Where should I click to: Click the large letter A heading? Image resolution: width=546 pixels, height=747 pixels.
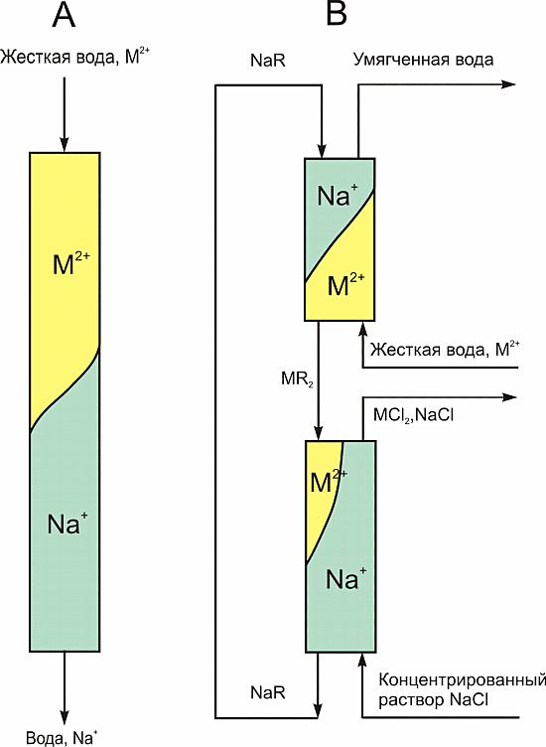tap(64, 15)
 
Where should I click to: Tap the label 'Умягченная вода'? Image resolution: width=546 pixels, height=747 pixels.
tap(423, 60)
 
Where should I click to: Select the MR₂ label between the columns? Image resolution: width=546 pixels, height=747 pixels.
tap(297, 378)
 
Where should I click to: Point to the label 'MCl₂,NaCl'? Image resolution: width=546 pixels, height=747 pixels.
tap(413, 415)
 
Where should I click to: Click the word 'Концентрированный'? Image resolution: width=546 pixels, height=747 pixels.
tap(462, 679)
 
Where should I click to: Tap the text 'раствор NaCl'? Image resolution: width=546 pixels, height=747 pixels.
tap(433, 700)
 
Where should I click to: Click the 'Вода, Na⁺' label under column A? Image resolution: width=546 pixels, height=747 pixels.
tap(62, 737)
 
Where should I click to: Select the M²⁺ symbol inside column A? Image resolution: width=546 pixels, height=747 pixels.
tap(71, 263)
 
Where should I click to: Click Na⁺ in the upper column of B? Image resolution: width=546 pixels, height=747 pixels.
tap(338, 195)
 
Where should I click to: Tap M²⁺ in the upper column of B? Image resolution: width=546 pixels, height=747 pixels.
tap(346, 284)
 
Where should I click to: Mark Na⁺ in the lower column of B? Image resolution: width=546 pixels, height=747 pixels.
tap(346, 578)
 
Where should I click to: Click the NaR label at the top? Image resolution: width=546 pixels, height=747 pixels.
tap(268, 61)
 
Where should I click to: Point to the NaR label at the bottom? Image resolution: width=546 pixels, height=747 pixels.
tap(268, 692)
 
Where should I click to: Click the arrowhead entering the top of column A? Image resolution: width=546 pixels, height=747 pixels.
tap(64, 143)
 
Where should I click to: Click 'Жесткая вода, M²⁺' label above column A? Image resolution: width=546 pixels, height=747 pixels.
tap(76, 58)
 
